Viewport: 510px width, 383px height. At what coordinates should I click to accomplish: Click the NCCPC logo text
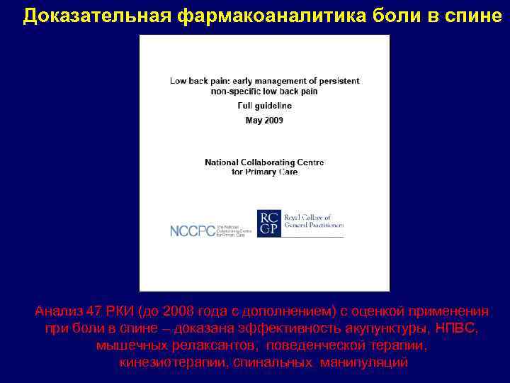point(192,231)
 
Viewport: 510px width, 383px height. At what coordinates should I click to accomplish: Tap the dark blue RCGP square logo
point(268,223)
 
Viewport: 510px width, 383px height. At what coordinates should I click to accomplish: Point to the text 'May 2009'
point(264,120)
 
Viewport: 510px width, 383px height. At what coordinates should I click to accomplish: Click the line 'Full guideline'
point(264,106)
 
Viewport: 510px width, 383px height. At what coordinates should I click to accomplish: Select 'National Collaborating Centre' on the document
point(264,162)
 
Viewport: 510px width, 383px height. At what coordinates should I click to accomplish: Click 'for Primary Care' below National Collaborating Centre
point(264,172)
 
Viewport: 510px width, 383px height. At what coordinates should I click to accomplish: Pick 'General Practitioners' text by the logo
point(313,225)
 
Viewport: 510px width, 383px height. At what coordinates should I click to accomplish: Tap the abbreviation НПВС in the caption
point(460,329)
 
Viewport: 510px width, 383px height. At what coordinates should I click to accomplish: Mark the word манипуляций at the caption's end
point(363,363)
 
